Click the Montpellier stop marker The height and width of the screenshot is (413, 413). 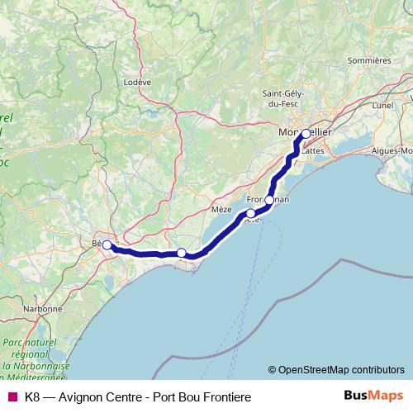[306, 134]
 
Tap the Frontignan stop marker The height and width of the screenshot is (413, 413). [269, 200]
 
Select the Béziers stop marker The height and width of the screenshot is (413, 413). [107, 244]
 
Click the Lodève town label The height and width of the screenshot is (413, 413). [137, 82]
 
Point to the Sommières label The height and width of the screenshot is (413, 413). [368, 60]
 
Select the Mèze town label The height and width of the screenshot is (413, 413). [222, 211]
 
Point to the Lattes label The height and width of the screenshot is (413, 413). [312, 151]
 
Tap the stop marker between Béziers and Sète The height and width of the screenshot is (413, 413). [182, 253]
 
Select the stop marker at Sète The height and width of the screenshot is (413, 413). [251, 213]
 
